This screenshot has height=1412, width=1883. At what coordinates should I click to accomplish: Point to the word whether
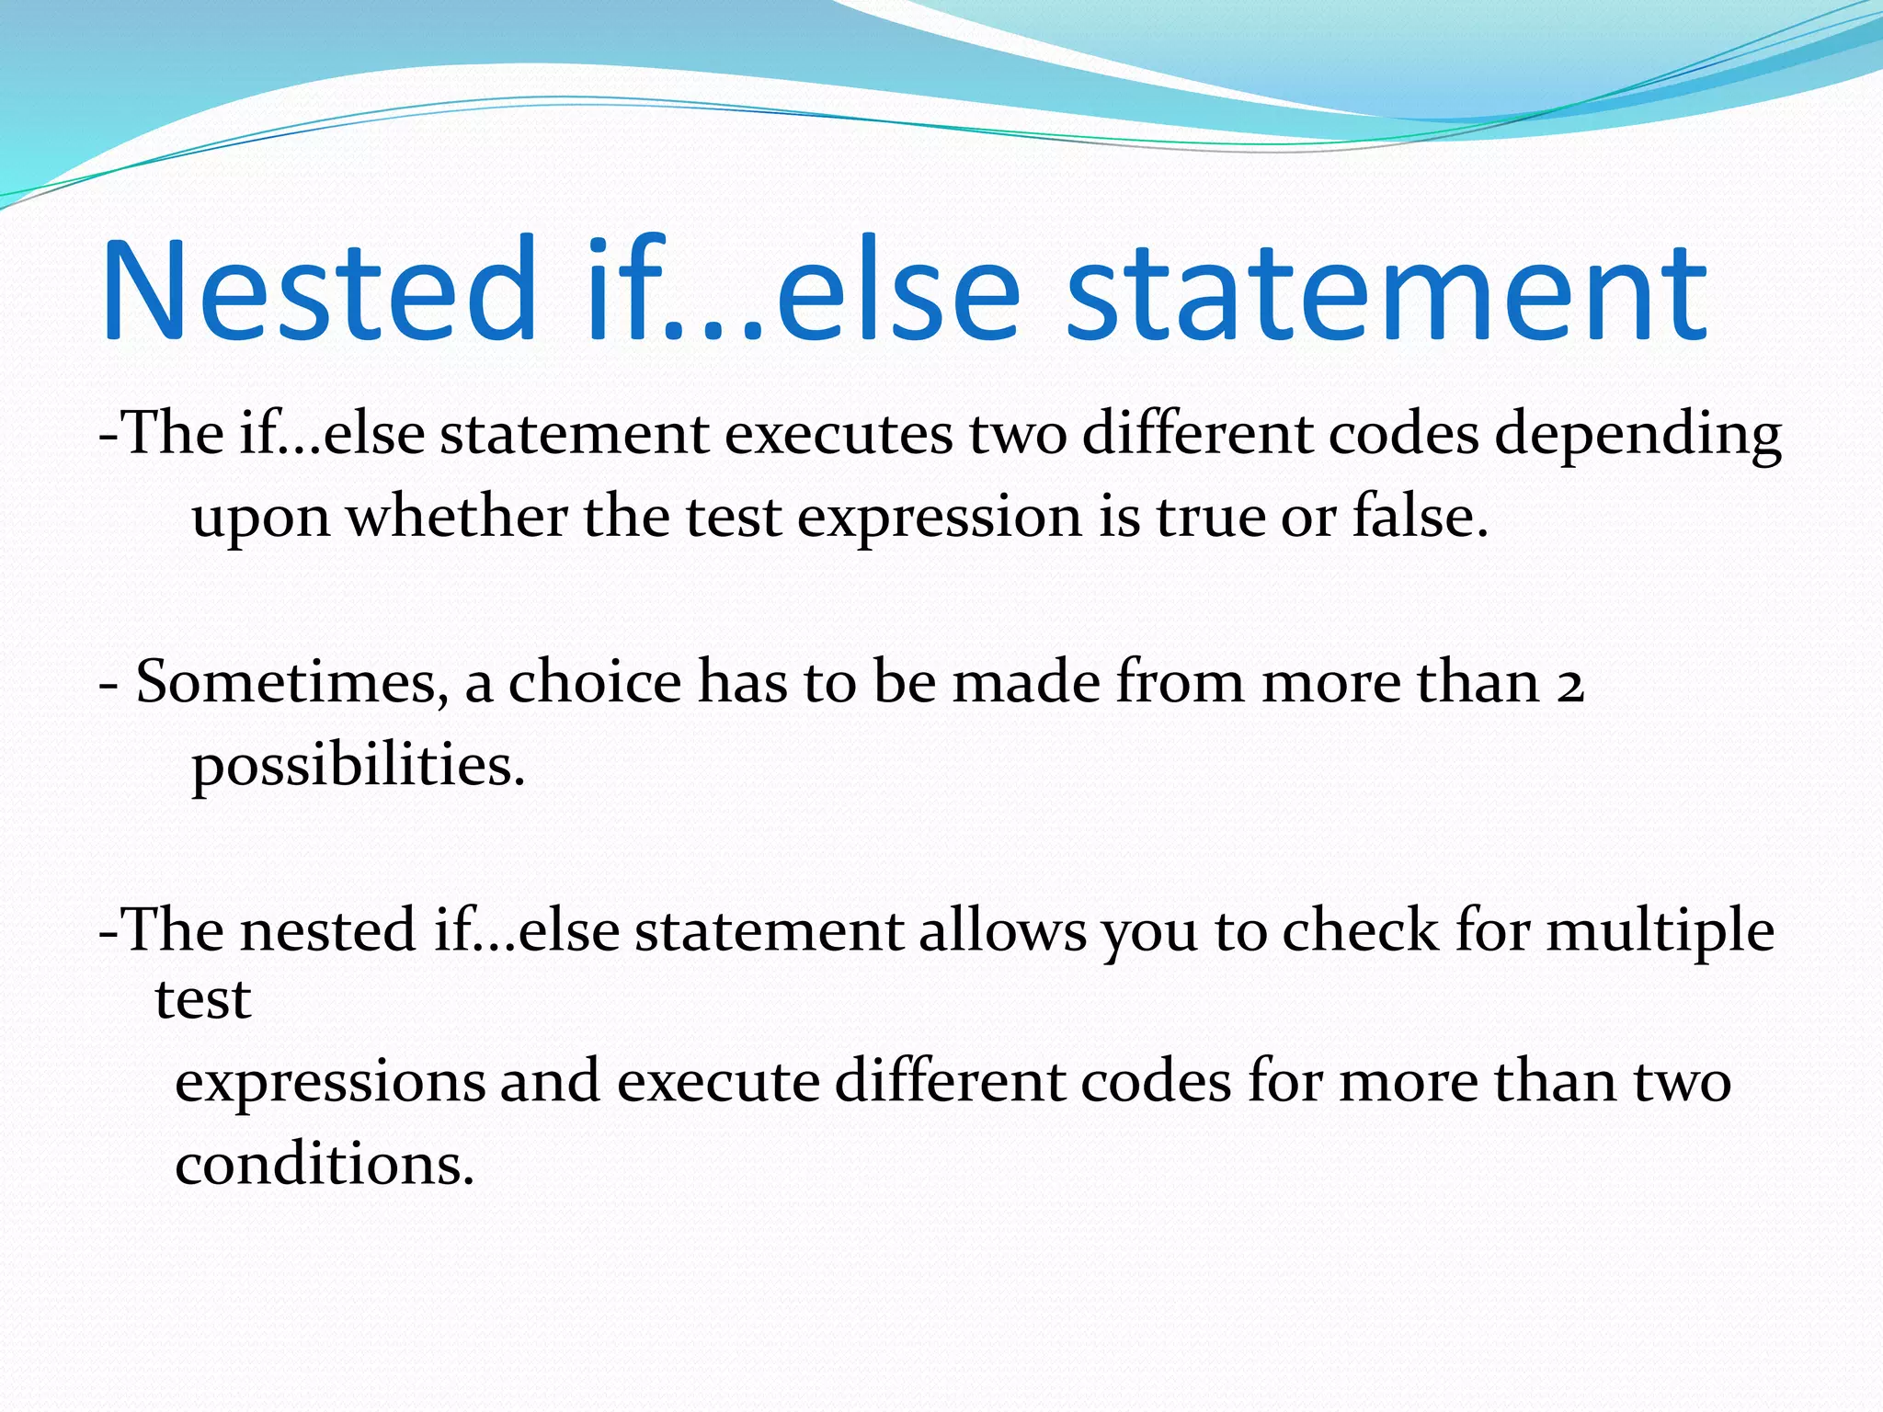click(456, 517)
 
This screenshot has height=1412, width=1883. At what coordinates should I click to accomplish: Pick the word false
click(1420, 517)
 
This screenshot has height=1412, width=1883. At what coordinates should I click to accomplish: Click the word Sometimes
click(287, 684)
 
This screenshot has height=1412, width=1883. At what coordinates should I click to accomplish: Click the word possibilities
click(358, 767)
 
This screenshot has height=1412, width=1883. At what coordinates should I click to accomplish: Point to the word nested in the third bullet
click(327, 930)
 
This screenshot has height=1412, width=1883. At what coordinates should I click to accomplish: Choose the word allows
click(1002, 930)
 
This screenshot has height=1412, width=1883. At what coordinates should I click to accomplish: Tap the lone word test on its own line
click(202, 999)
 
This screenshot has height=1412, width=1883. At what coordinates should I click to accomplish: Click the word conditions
click(324, 1165)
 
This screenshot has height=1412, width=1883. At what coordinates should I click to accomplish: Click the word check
click(1361, 930)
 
